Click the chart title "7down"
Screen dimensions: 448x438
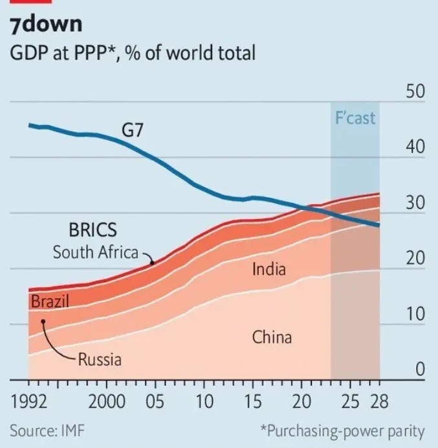(46, 25)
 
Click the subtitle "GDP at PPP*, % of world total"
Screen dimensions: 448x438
(133, 53)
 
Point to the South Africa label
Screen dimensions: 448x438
(96, 252)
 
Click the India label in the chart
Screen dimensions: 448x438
(268, 268)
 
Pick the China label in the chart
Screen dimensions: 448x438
(272, 337)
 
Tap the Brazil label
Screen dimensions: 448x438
(50, 301)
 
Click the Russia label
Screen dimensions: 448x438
(100, 359)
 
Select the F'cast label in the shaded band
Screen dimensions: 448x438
(355, 119)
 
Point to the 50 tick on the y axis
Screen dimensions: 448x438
(415, 92)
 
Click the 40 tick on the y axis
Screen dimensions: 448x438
(415, 148)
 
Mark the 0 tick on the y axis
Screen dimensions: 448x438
(419, 370)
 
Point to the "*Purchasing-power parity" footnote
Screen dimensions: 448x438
(342, 430)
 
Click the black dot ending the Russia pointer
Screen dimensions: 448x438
(43, 321)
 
